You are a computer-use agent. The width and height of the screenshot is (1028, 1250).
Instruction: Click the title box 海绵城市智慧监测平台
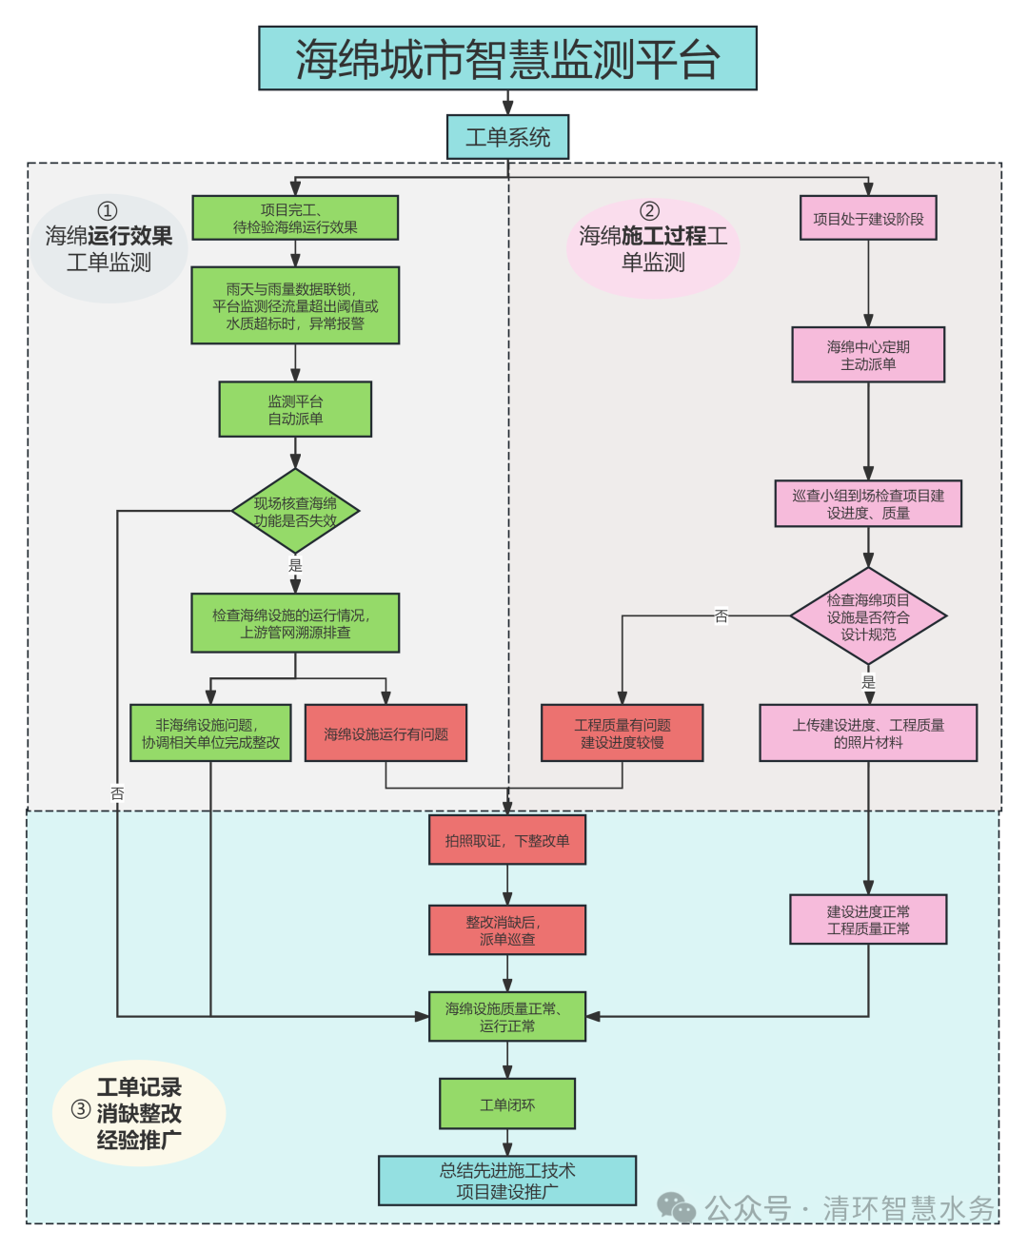[x=507, y=58]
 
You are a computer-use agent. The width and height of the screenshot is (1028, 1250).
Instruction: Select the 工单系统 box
[x=507, y=137]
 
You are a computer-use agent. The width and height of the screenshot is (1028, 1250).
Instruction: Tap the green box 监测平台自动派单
[x=295, y=409]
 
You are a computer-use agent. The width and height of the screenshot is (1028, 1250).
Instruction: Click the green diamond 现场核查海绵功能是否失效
[x=295, y=511]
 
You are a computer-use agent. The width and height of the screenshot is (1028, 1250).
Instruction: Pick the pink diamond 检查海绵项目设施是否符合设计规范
[x=868, y=615]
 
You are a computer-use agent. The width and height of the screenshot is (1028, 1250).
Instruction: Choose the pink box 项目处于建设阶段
[x=868, y=218]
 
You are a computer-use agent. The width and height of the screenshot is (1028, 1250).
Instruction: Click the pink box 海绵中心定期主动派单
[x=868, y=355]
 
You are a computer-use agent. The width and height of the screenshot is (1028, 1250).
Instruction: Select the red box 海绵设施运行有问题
[x=385, y=733]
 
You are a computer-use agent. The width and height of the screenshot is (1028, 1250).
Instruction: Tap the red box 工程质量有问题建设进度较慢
[x=622, y=733]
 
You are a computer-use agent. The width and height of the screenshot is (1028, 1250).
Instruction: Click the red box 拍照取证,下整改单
[x=507, y=840]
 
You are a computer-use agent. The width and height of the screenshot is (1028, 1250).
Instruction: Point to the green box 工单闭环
[x=507, y=1104]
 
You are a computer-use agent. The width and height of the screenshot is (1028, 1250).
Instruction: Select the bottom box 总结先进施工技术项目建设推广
[x=507, y=1180]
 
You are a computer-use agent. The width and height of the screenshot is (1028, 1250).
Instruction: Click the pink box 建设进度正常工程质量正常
[x=868, y=919]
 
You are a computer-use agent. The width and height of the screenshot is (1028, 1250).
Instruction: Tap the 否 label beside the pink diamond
[x=721, y=615]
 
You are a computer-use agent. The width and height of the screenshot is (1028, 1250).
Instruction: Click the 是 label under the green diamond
[x=295, y=565]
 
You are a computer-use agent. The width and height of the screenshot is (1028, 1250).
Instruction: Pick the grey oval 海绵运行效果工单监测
[x=109, y=248]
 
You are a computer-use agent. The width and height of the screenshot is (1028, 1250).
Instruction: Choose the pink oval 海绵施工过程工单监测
[x=653, y=248]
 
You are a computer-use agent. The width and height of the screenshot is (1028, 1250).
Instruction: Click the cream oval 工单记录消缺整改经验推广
[x=139, y=1113]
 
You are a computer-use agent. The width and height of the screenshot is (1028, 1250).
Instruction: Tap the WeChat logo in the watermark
[x=676, y=1207]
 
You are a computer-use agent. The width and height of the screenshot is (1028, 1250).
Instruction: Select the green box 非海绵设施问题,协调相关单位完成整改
[x=210, y=733]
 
